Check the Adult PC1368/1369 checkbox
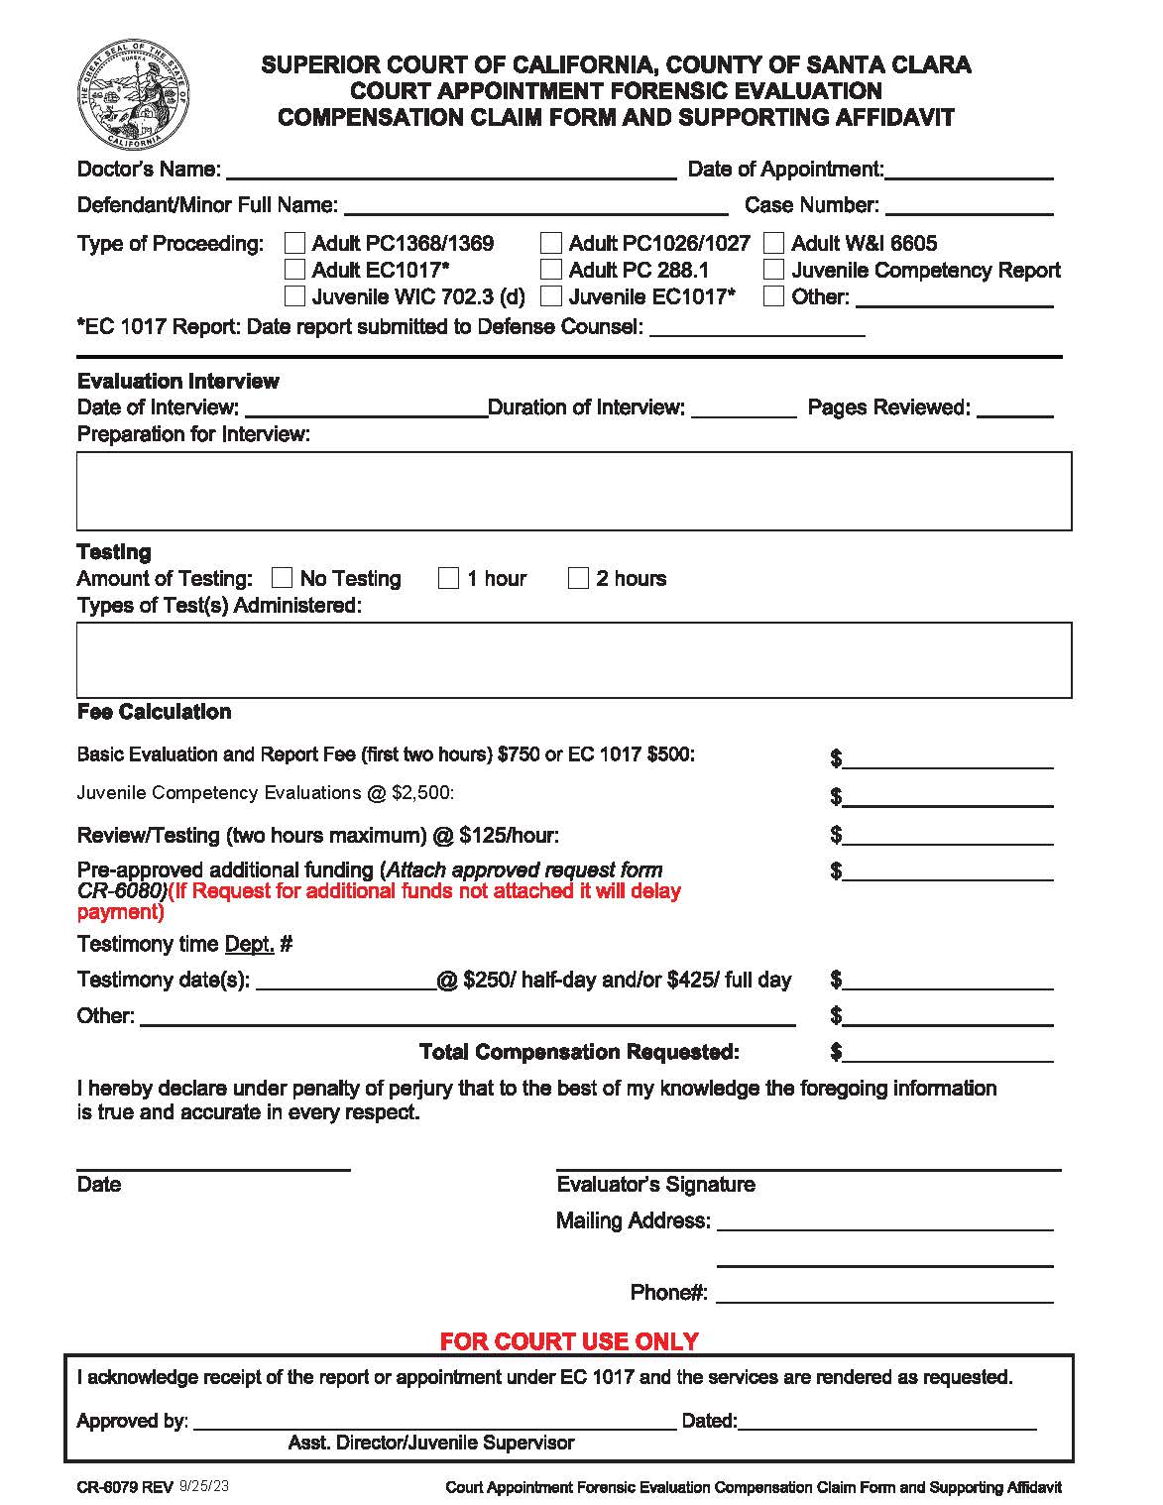tap(295, 243)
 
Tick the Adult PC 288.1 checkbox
tap(552, 270)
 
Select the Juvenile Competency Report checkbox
tap(774, 270)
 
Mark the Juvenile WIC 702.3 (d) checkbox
tap(295, 296)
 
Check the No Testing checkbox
tap(283, 578)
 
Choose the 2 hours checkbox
tap(579, 578)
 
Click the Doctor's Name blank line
tap(451, 172)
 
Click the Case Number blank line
tap(969, 207)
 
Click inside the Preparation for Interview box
tap(574, 491)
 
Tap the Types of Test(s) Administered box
tap(574, 659)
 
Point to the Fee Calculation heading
tap(154, 712)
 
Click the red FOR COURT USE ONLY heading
tap(569, 1341)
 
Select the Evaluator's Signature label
tap(655, 1184)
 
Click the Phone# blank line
tap(884, 1295)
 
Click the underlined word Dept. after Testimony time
tap(250, 944)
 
